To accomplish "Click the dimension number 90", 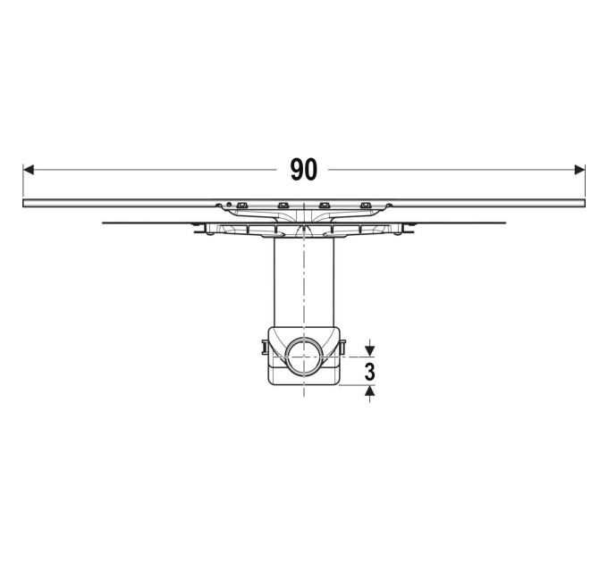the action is click(x=304, y=170).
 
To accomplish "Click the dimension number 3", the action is click(x=370, y=372).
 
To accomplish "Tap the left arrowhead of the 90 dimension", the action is click(x=29, y=170).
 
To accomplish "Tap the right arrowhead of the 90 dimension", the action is click(x=579, y=170).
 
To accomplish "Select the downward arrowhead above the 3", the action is click(x=370, y=351).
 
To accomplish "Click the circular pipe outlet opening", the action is click(x=304, y=356).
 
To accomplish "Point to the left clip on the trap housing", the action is click(x=265, y=347).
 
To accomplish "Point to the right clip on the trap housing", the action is click(x=342, y=347).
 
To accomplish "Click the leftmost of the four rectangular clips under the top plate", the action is click(x=242, y=205).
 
